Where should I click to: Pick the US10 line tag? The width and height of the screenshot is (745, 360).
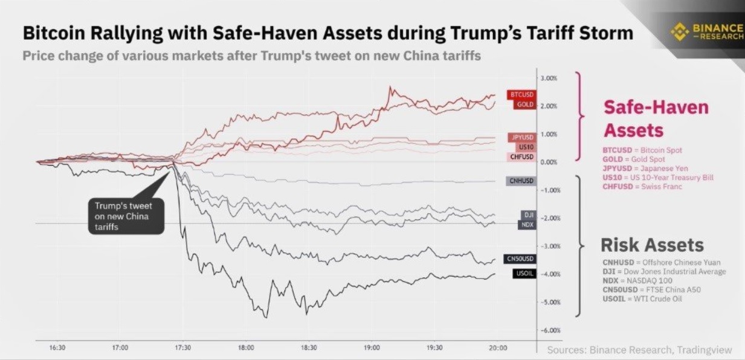pos(523,147)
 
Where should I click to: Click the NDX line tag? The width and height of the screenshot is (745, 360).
pos(526,225)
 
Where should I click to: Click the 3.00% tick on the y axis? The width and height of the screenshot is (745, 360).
pos(548,78)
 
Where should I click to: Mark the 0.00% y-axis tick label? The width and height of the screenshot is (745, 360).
pos(548,162)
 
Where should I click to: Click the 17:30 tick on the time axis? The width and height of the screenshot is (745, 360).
pos(183,348)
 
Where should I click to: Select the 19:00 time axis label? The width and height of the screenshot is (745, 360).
pos(372,348)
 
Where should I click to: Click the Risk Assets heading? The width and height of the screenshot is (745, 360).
pos(651,245)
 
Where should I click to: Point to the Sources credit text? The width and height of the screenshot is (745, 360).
pos(639,350)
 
